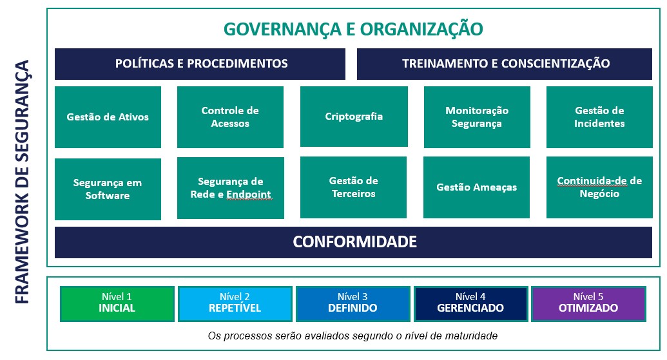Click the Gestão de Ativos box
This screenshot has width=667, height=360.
(108, 117)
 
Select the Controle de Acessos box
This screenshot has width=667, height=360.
(230, 117)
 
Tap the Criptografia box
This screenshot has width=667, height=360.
(354, 117)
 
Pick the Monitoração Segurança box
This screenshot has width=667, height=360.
(477, 117)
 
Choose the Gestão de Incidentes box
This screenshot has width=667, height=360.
(599, 117)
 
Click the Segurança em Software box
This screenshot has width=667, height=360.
(108, 189)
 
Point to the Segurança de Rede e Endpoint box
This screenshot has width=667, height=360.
(231, 188)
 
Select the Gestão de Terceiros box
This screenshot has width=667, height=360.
(354, 187)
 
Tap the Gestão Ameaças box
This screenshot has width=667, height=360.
(476, 187)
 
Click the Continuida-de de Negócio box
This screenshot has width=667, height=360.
(599, 187)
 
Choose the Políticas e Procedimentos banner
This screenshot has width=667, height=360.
(200, 64)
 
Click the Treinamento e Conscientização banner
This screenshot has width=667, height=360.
(505, 64)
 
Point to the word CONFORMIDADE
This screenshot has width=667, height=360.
(355, 242)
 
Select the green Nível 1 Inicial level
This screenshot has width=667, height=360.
(117, 303)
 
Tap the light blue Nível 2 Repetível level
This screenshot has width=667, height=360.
(235, 303)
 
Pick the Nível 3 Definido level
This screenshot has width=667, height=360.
(353, 303)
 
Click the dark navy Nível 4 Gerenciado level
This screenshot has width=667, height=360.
(470, 303)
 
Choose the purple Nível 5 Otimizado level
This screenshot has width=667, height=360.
(588, 303)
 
